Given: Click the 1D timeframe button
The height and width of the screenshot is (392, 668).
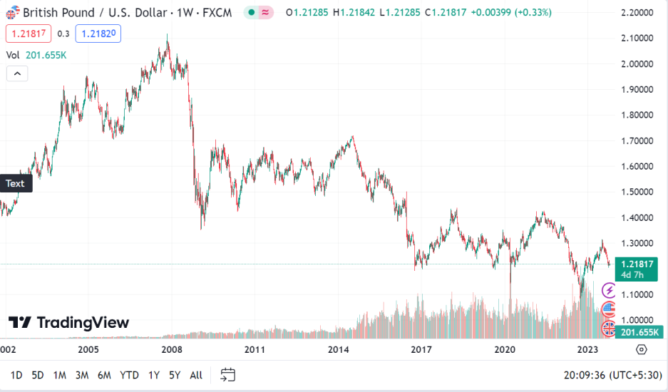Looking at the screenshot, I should [16, 375].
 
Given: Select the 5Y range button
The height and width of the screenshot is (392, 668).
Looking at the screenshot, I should [175, 375].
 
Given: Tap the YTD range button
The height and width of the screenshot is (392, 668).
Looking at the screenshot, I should [129, 375].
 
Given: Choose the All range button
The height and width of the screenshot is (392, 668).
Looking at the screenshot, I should [196, 375].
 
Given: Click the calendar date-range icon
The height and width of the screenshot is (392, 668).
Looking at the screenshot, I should [228, 375].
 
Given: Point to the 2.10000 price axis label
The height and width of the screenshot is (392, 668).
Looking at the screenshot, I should [637, 38].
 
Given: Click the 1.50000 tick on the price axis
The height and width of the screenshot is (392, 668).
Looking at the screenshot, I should [637, 192].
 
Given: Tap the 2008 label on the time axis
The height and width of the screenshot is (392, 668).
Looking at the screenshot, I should [171, 350].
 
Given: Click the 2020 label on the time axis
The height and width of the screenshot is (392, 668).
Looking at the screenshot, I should [505, 350].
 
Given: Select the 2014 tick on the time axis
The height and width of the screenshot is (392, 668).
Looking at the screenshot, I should [338, 350].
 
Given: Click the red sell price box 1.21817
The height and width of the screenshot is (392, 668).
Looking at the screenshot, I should [27, 33].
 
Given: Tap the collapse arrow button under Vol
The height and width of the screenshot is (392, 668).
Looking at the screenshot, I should [17, 73].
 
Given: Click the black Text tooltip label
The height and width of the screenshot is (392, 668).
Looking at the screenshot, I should [15, 183].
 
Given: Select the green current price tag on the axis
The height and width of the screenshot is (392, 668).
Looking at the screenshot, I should [637, 269].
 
